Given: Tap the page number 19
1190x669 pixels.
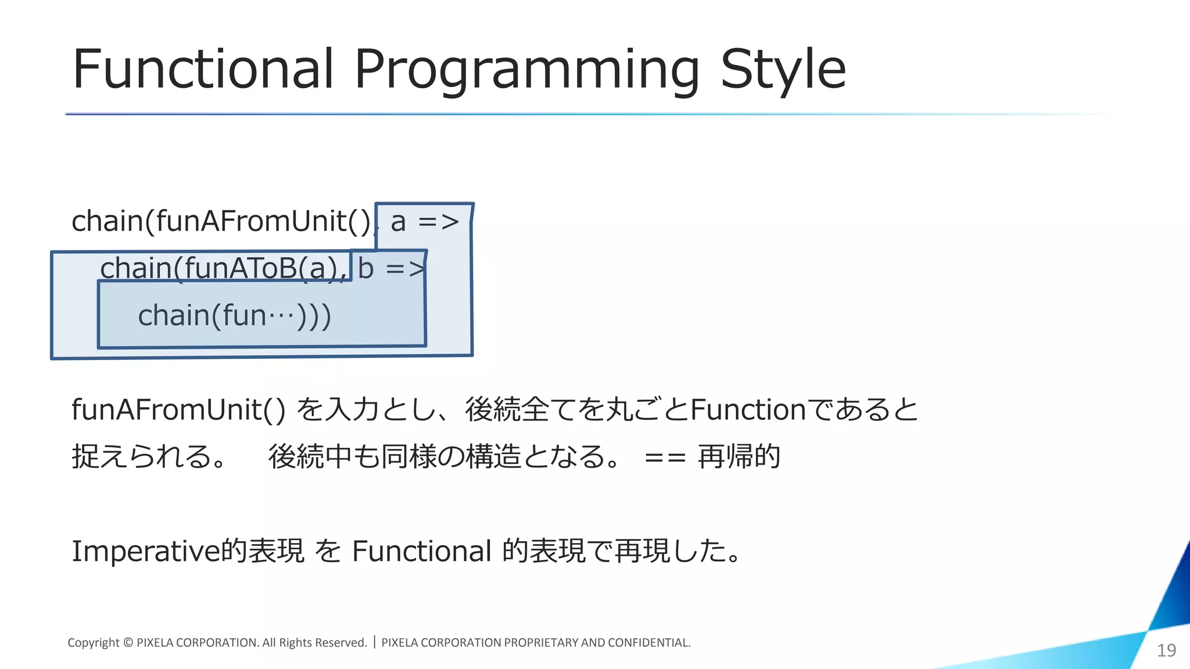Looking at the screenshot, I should (x=1166, y=650).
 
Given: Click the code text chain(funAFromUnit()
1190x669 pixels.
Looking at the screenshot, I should (x=221, y=222).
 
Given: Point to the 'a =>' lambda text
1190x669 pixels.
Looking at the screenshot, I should (x=425, y=222).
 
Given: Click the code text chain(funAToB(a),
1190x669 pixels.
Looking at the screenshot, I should (x=224, y=268).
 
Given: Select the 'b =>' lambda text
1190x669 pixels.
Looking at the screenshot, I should (x=390, y=268).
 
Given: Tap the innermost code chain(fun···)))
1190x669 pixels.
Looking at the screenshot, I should (x=234, y=316).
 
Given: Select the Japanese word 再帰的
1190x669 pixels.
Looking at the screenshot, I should (x=739, y=456).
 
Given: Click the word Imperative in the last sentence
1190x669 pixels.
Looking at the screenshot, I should (x=146, y=551).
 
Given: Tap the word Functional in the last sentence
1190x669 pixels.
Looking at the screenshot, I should (x=422, y=551).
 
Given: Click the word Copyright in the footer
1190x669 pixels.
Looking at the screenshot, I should (x=94, y=643).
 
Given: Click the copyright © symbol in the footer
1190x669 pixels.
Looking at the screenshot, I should (x=128, y=643).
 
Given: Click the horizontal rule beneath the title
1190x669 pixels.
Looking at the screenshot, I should (x=523, y=114).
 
